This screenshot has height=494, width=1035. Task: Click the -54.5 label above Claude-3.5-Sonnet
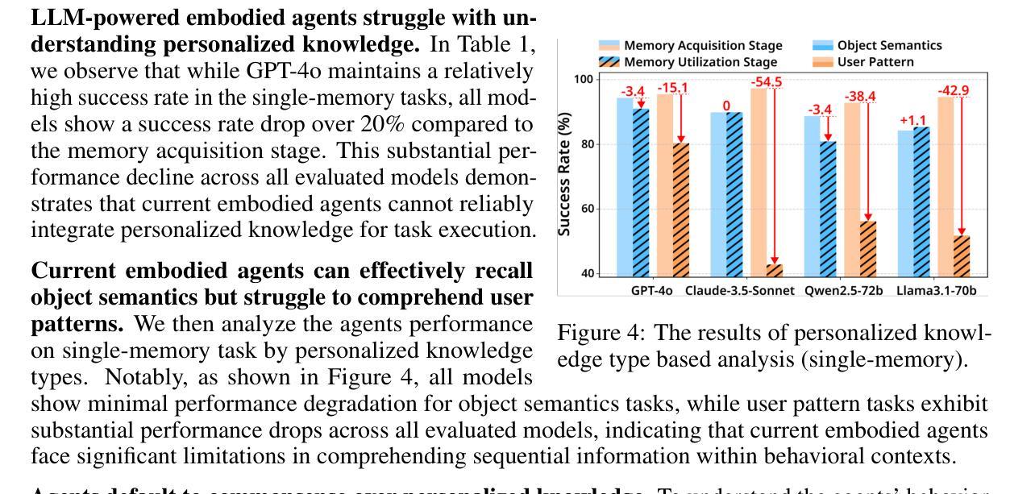[x=767, y=82]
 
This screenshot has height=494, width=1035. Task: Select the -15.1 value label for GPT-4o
[x=672, y=88]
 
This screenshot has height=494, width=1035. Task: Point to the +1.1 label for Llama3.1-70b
[x=913, y=121]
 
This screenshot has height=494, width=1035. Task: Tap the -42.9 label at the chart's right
[x=954, y=90]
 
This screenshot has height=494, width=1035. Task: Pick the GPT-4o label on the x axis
[x=651, y=290]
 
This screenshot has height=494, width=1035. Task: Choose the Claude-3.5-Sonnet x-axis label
[x=739, y=290]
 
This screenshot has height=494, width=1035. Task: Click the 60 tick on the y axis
[x=586, y=209]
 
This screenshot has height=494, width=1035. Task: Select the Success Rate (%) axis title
[x=566, y=174]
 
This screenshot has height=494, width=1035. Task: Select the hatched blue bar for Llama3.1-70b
[x=921, y=201]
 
